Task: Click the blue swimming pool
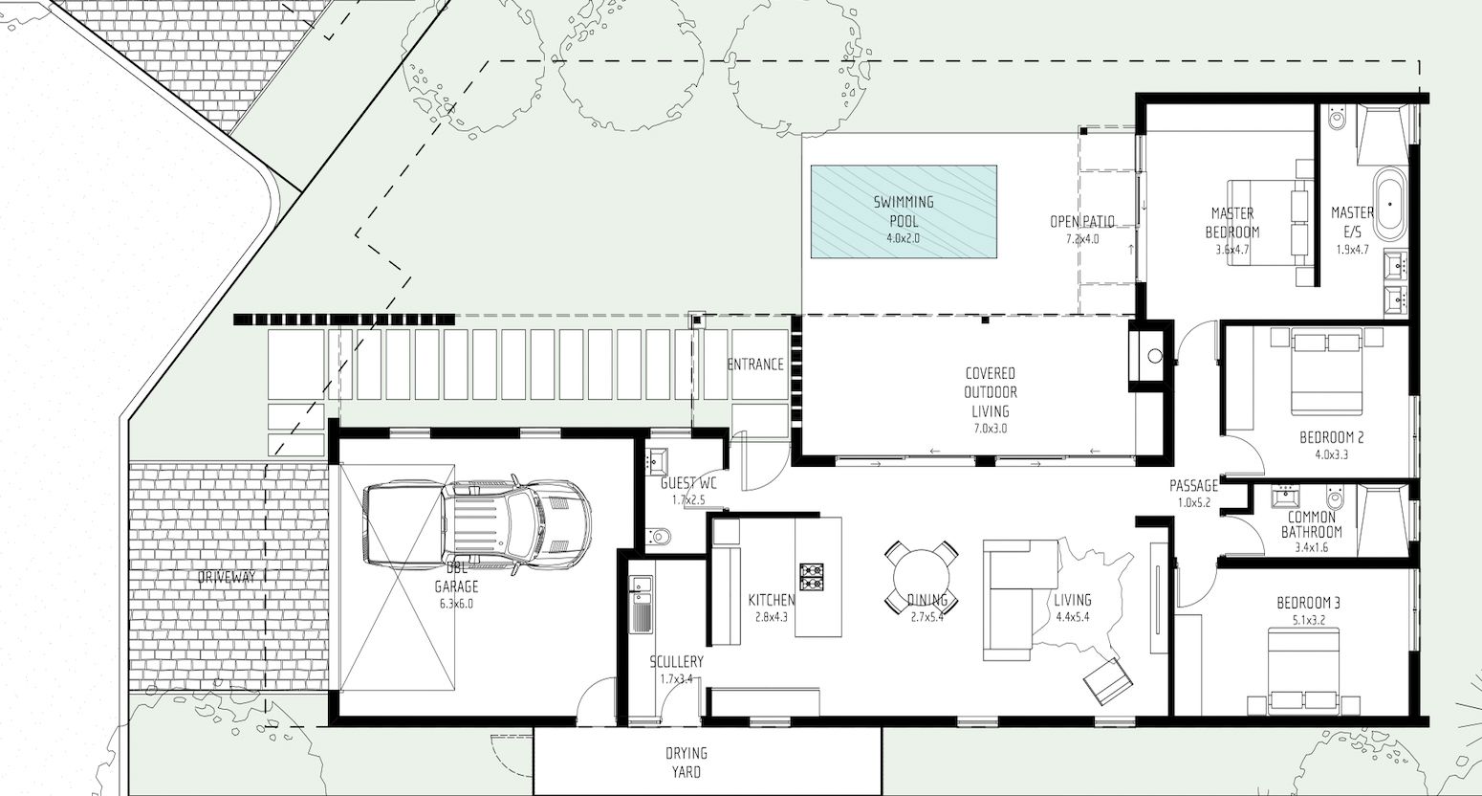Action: point(904,211)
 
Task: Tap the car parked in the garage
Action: point(476,523)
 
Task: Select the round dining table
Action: point(921,578)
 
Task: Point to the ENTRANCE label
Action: point(755,365)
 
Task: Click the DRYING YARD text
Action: point(687,763)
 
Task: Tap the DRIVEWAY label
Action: point(227,578)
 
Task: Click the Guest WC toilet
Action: point(659,535)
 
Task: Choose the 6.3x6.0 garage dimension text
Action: point(456,604)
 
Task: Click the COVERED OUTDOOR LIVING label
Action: point(991,392)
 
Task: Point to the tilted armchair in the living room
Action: point(1107,681)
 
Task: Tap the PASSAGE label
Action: point(1193,485)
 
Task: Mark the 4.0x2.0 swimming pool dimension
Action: point(904,238)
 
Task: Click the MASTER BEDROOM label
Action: point(1231,223)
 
